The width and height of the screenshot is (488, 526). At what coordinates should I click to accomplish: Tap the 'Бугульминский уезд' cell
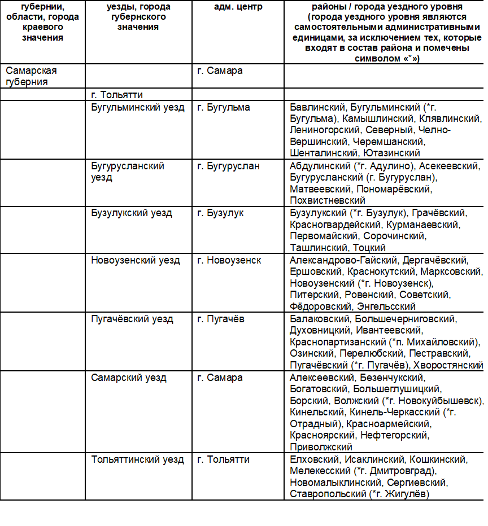pyautogui.click(x=138, y=107)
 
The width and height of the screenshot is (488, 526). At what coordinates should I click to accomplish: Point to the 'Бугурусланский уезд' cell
pyautogui.click(x=128, y=172)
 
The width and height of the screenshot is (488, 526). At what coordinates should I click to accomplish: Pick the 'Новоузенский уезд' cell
pyautogui.click(x=136, y=260)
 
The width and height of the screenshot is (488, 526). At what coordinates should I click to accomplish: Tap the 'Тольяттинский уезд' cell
pyautogui.click(x=138, y=459)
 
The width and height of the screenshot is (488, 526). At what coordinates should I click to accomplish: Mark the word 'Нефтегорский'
pyautogui.click(x=400, y=435)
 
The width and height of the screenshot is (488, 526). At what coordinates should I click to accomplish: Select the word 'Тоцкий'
pyautogui.click(x=369, y=248)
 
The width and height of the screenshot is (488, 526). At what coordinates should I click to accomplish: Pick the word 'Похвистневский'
pyautogui.click(x=328, y=200)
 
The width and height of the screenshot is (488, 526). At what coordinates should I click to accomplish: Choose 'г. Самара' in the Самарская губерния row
pyautogui.click(x=220, y=71)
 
